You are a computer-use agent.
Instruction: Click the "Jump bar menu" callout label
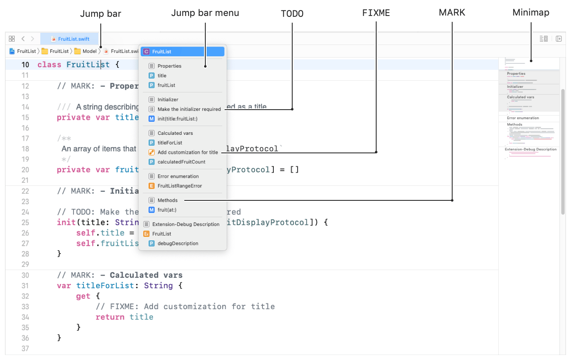(205, 13)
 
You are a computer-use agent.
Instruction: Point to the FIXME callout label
(376, 13)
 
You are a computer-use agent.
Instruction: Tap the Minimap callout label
(531, 13)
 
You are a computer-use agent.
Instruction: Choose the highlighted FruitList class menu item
(182, 52)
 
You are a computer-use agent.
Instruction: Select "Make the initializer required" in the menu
(189, 109)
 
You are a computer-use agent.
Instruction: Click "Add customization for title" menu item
(188, 152)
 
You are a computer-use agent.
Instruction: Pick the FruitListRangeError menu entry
(180, 186)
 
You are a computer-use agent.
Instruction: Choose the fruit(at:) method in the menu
(167, 210)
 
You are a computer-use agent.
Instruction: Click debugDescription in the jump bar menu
(178, 243)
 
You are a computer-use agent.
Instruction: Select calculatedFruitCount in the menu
(181, 162)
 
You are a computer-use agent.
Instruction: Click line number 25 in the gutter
(25, 223)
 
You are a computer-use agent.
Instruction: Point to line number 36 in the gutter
(25, 338)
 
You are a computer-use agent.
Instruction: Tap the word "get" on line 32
(83, 296)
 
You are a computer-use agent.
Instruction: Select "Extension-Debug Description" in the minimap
(531, 149)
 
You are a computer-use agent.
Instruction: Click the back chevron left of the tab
(23, 39)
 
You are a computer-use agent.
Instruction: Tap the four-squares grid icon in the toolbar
(12, 39)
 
